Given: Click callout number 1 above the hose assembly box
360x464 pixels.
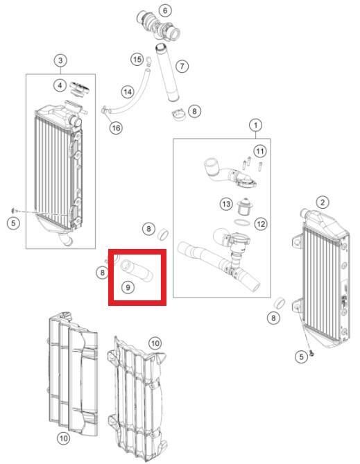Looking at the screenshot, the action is tap(256, 125).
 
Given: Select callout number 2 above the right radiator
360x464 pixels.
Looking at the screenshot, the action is tap(323, 203).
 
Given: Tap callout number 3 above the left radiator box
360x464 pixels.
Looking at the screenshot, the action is tap(60, 60).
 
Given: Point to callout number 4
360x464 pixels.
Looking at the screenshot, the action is tap(60, 85).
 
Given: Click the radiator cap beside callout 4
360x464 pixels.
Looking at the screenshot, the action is tap(79, 89).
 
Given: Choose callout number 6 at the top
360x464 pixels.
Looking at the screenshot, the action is tap(165, 10).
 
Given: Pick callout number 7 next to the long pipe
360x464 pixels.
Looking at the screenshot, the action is tap(182, 66).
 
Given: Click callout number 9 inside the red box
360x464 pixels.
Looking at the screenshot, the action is tap(128, 287).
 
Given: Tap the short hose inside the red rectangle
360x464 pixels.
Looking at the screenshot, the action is tap(137, 270).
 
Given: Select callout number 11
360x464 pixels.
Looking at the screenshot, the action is tap(259, 151).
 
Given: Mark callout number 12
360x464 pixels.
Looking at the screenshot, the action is tap(261, 224).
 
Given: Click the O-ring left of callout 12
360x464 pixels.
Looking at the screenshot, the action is tap(242, 222).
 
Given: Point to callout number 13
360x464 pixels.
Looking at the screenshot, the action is tap(226, 204).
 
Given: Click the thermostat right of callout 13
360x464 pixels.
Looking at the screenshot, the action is tap(244, 207).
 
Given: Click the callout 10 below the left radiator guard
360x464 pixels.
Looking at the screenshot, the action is tap(64, 438).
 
